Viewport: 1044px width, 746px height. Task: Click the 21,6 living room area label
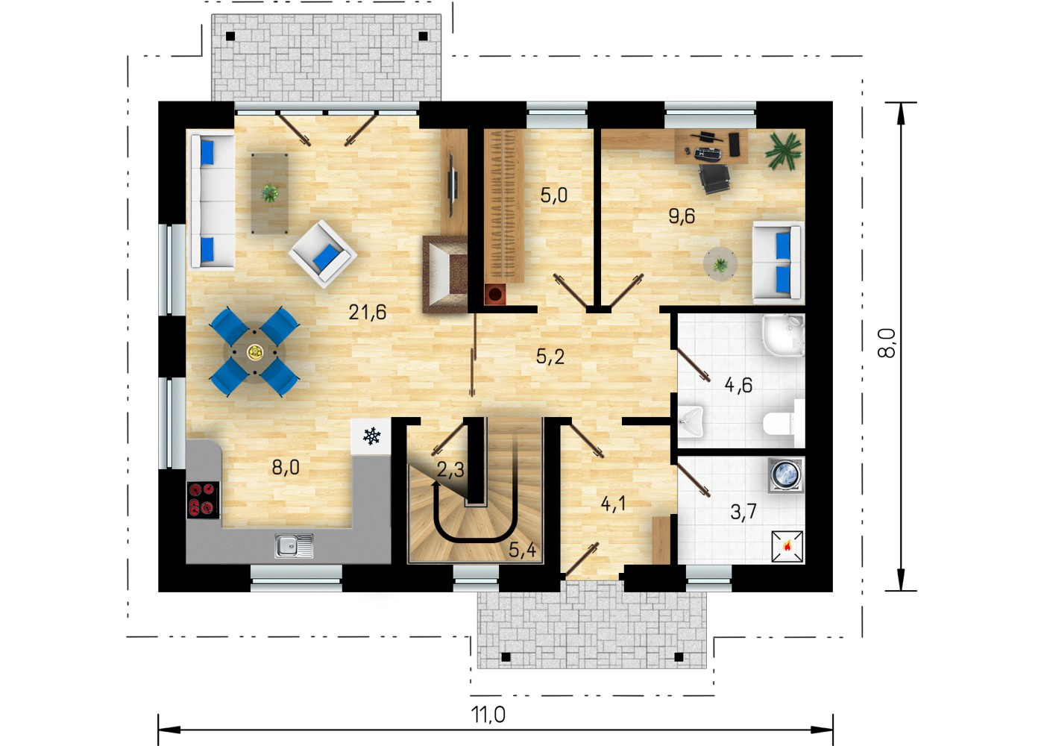tap(367, 312)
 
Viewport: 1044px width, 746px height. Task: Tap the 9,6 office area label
tap(682, 216)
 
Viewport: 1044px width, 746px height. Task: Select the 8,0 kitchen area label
tap(286, 467)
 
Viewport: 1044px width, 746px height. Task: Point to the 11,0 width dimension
tap(488, 715)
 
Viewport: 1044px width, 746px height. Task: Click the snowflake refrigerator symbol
tap(371, 436)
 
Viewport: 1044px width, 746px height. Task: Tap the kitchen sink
tap(294, 545)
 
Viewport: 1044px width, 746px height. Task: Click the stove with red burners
tap(203, 500)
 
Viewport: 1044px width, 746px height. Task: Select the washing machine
tap(786, 475)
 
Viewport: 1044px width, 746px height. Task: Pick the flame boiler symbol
tap(787, 546)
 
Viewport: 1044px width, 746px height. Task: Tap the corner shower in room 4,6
tap(784, 335)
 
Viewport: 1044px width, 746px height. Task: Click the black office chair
tap(714, 178)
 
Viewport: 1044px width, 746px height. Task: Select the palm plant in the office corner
tap(783, 150)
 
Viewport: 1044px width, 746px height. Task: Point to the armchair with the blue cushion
tap(322, 254)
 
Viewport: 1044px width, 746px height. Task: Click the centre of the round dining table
tap(254, 352)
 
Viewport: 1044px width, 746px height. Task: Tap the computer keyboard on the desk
tap(708, 153)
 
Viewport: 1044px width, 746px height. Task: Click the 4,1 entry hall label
tap(613, 504)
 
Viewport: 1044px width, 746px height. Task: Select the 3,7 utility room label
tap(743, 512)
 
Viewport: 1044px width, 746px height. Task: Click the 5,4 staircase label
tap(522, 551)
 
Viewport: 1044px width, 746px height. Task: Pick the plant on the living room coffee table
tap(269, 192)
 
